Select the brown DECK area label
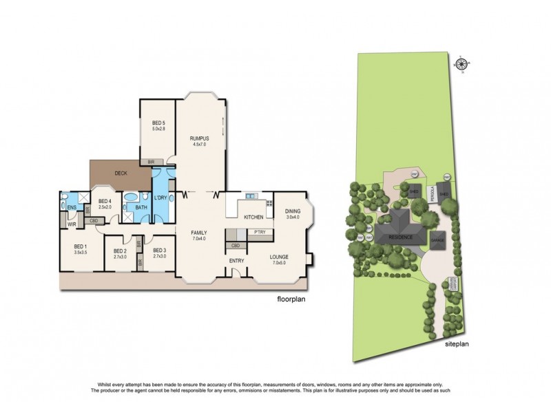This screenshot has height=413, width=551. coord(121,173)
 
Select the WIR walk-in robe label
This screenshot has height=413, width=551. coord(71,224)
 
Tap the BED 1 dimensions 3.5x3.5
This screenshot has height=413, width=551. coord(81,251)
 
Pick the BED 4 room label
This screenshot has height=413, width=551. coord(105,201)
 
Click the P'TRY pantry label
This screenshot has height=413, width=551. coord(260,232)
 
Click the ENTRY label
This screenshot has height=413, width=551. coord(237,261)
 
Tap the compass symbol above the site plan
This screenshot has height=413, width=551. coord(462,63)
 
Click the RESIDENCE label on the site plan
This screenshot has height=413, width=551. coord(400,237)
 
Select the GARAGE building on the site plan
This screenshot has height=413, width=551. coord(437,241)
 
